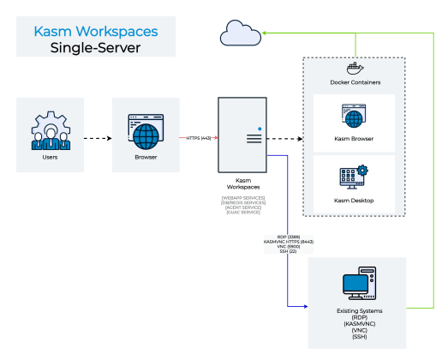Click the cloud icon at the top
[x=238, y=33]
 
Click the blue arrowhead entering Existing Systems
[x=303, y=306]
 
